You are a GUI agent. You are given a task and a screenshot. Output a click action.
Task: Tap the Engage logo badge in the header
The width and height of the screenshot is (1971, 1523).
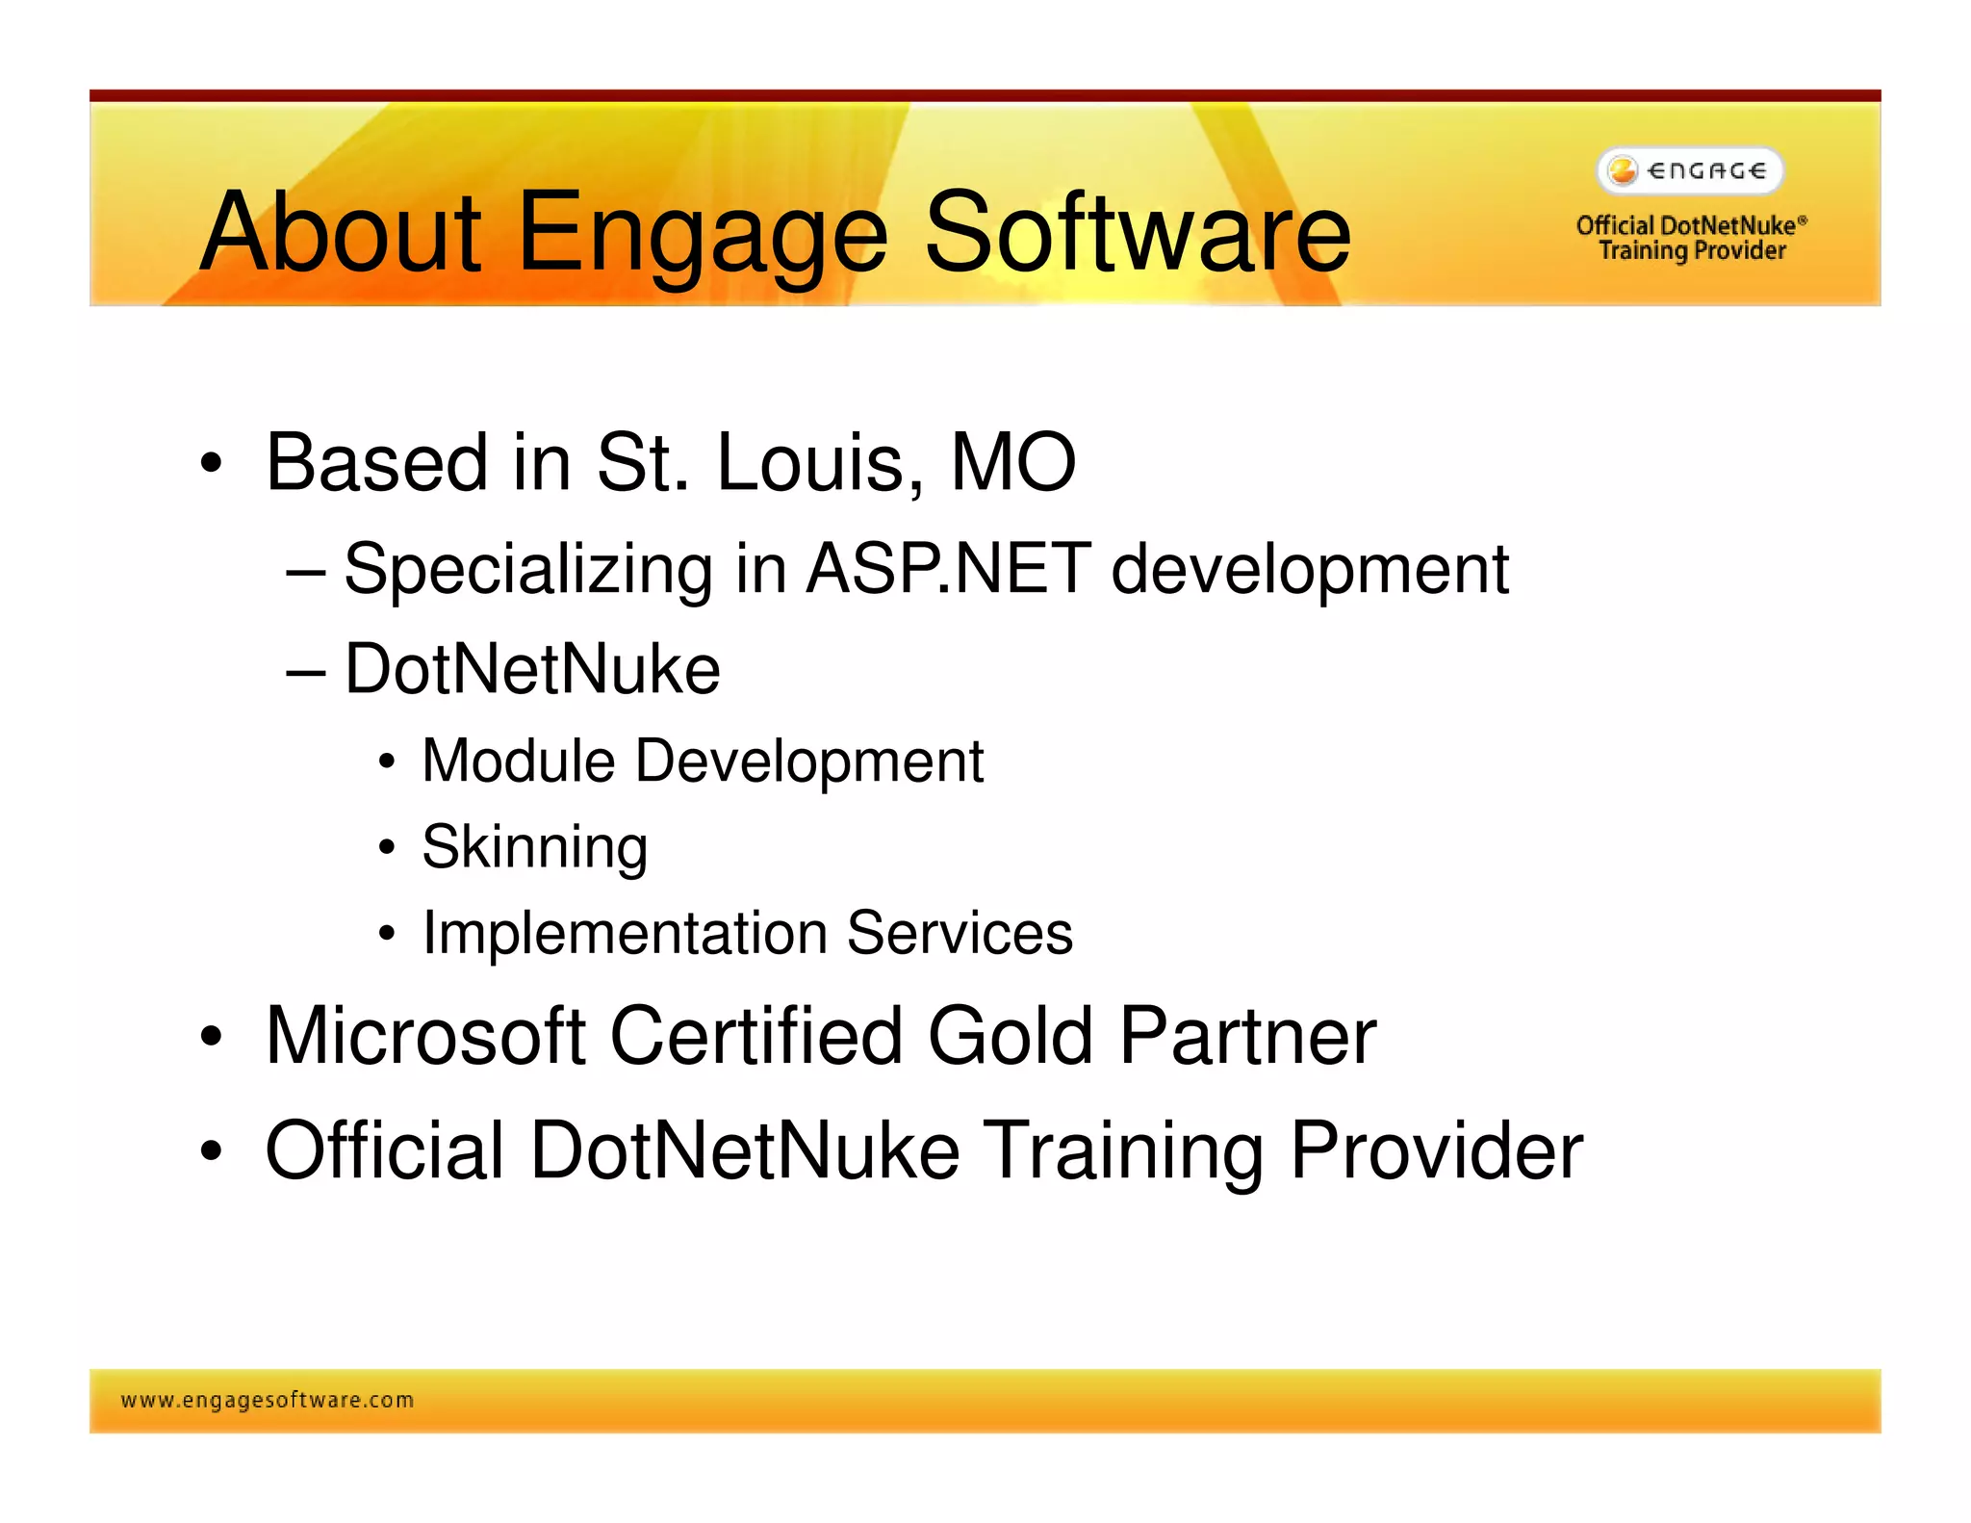click(1690, 171)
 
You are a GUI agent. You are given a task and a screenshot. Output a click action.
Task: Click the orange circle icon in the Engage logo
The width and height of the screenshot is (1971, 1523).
click(1623, 171)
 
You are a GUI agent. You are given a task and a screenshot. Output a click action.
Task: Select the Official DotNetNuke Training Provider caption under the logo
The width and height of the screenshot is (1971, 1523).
click(1691, 238)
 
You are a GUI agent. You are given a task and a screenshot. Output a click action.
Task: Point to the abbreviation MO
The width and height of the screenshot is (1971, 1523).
click(1012, 464)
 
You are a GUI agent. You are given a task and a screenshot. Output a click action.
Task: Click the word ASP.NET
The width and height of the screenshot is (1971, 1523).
click(947, 570)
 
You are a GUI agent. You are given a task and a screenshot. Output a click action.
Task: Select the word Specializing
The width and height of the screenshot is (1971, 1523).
click(527, 570)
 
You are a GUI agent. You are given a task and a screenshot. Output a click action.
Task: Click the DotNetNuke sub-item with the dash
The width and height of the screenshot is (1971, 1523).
click(531, 670)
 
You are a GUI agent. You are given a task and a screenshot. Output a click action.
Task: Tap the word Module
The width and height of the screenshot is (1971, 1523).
click(518, 761)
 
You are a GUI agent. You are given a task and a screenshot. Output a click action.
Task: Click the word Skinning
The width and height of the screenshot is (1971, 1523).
click(534, 848)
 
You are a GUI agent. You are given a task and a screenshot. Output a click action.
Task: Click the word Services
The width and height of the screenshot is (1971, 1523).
click(960, 934)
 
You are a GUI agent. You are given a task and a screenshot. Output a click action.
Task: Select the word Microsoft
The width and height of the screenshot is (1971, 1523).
click(424, 1037)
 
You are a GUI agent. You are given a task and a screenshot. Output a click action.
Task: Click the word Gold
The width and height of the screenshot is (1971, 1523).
click(1010, 1037)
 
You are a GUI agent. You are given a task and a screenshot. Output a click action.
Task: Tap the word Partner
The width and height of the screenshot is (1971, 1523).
click(1247, 1037)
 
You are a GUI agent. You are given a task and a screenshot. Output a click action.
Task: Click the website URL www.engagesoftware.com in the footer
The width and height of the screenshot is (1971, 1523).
click(267, 1401)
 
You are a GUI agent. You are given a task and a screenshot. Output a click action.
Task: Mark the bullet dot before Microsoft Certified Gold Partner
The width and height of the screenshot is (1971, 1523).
click(211, 1039)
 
